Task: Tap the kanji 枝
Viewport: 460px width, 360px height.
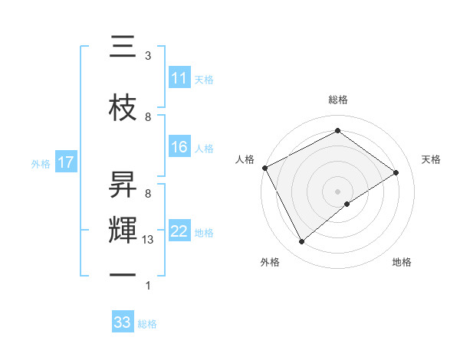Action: pos(123,109)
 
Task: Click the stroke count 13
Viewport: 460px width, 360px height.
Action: pos(148,240)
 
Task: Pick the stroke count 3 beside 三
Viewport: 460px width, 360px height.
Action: pos(148,56)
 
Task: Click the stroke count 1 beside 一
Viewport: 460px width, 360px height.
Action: pos(148,286)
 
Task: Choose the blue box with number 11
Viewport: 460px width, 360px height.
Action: pos(179,78)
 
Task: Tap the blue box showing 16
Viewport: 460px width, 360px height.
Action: pos(179,147)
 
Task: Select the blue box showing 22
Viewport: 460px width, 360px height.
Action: pos(179,231)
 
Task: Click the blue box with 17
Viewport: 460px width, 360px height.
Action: pos(65,162)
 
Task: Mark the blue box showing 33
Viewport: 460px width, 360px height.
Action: pos(123,322)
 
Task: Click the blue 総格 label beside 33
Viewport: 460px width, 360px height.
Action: pos(147,324)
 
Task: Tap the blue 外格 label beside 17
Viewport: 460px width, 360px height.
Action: pos(40,163)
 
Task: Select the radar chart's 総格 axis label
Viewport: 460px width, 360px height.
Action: pos(338,100)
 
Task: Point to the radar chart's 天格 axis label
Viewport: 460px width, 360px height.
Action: pos(431,159)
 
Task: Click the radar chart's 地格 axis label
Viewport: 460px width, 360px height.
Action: pos(402,262)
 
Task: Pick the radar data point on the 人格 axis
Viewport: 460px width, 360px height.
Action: pos(264,168)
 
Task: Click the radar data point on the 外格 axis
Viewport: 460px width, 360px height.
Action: pos(302,242)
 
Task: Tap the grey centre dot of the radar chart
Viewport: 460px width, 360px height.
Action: pos(337,191)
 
